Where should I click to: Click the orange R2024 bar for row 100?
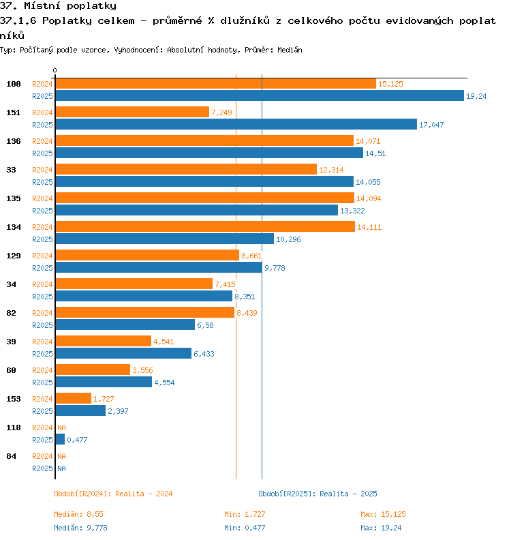(216, 84)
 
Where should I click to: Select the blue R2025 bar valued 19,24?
(260, 95)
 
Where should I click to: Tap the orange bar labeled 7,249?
(132, 112)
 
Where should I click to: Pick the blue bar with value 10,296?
(165, 239)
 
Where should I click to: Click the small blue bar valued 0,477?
(60, 439)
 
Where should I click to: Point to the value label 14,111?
(369, 227)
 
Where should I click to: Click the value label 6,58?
(205, 325)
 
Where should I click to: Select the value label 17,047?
(431, 125)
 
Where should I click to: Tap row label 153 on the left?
(14, 399)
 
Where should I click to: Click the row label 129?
(14, 256)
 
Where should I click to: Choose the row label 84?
(11, 456)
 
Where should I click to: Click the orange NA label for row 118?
(61, 427)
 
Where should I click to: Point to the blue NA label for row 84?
(61, 468)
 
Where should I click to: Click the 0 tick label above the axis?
(55, 70)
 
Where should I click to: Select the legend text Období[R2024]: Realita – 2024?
(113, 494)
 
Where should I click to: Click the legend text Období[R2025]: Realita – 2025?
(318, 494)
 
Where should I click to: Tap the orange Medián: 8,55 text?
(78, 514)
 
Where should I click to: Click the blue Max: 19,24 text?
(381, 528)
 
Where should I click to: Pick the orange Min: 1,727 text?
(245, 514)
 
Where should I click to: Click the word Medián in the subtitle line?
(290, 50)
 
